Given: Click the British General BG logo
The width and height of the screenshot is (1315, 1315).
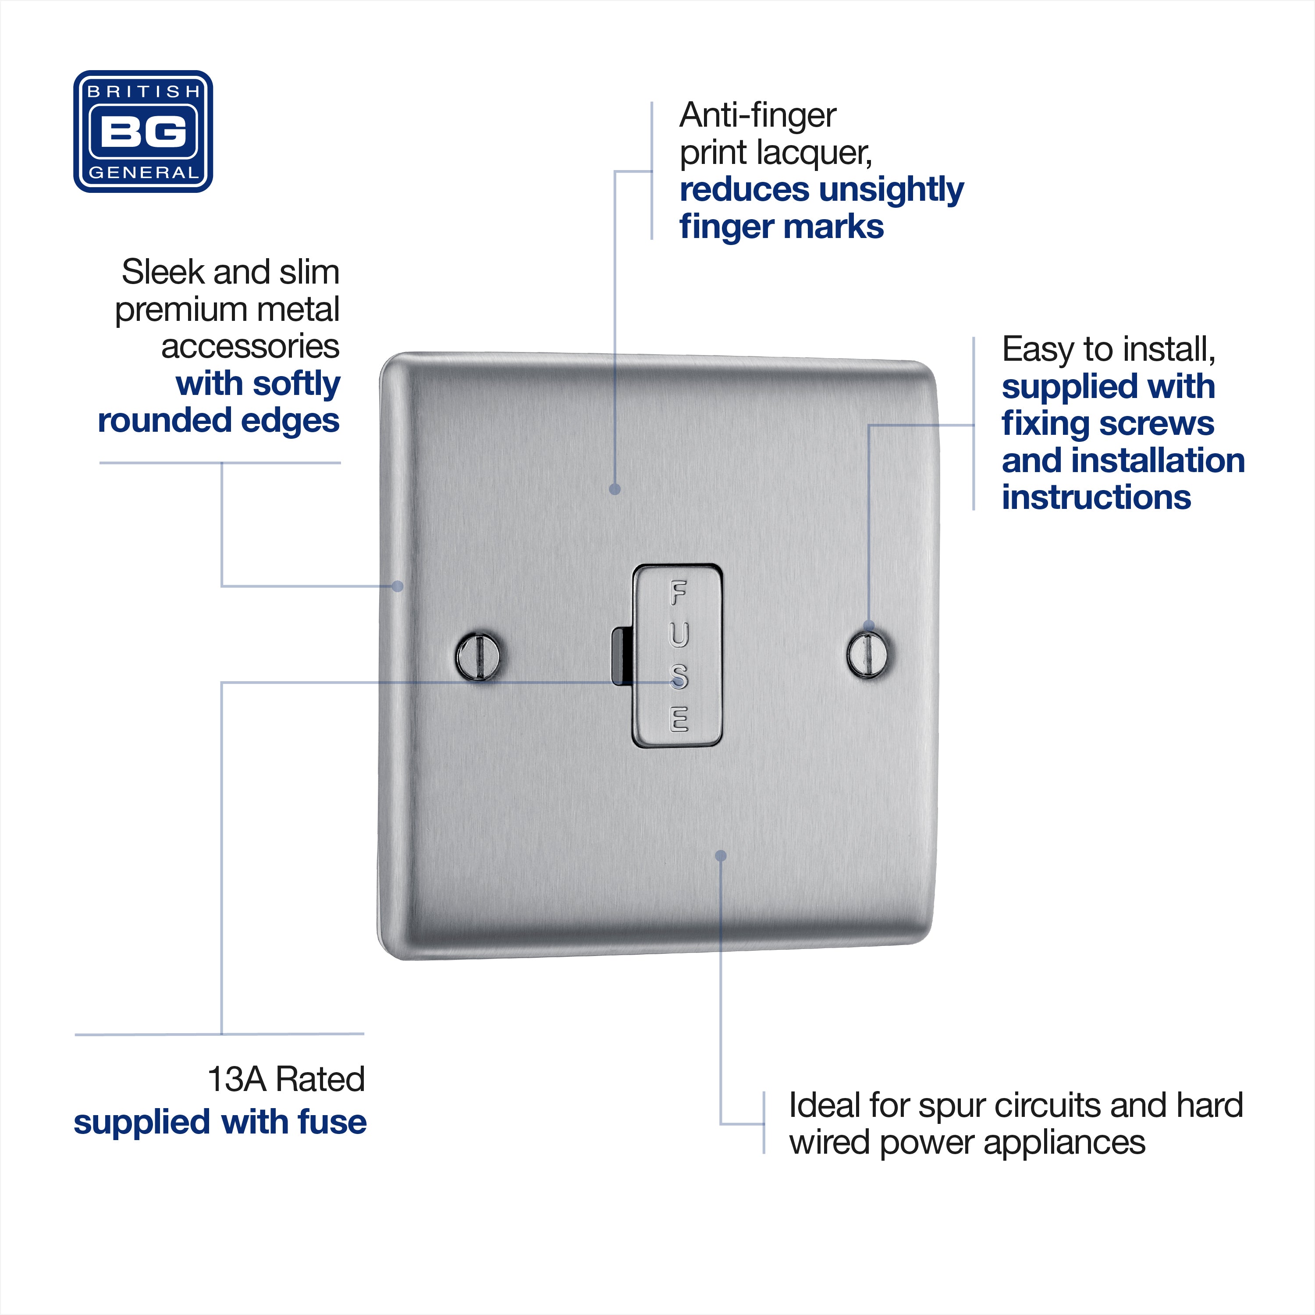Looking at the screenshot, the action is pyautogui.click(x=143, y=131).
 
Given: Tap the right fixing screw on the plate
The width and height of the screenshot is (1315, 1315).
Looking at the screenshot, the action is pyautogui.click(x=869, y=654).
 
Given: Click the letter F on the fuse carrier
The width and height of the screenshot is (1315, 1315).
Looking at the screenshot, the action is pyautogui.click(x=679, y=593).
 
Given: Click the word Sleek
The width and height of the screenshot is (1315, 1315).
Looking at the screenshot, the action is pyautogui.click(x=163, y=272).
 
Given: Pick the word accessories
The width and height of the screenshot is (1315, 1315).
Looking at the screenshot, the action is pyautogui.click(x=250, y=346).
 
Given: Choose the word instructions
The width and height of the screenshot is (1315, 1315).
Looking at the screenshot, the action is pyautogui.click(x=1097, y=498).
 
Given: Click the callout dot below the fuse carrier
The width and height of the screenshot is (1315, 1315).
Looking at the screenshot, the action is pyautogui.click(x=721, y=856).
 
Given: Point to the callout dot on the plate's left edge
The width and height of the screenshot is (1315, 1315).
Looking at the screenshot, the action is pyautogui.click(x=398, y=586).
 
